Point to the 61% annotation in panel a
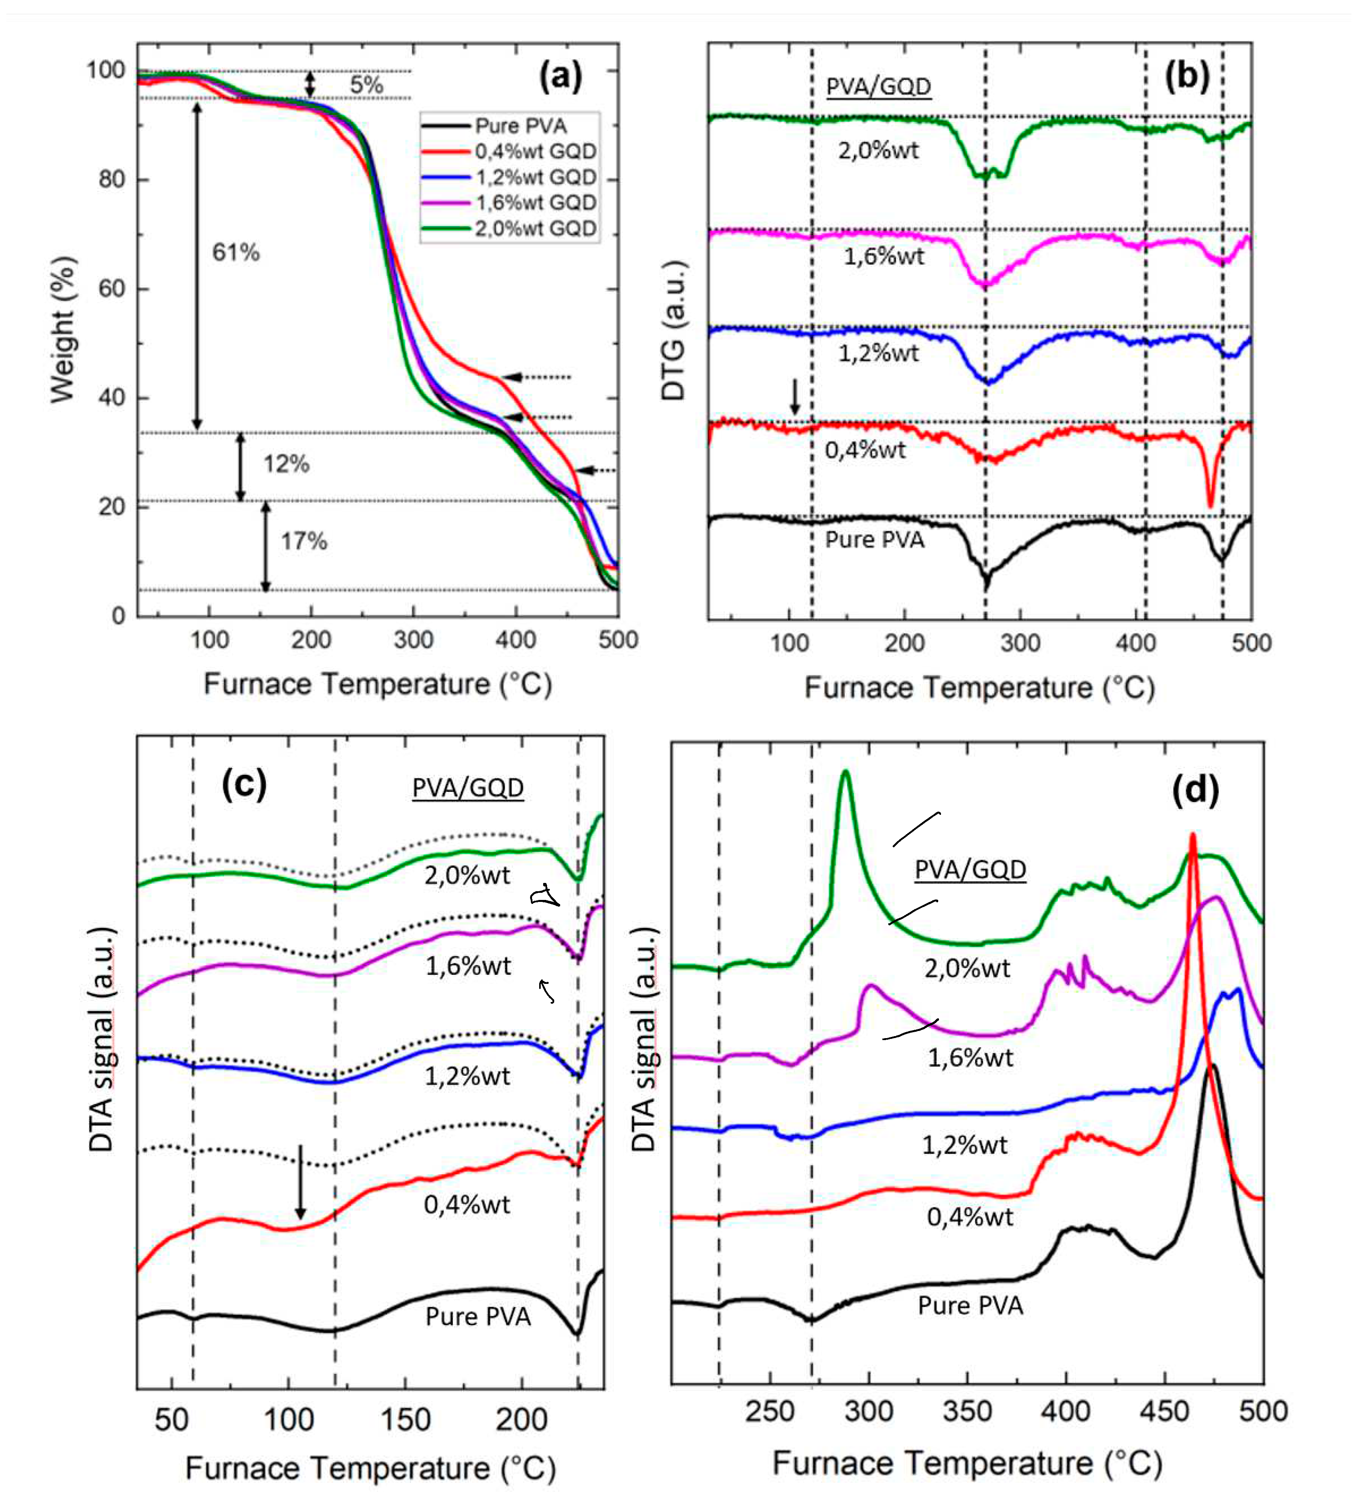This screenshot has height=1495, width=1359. [236, 253]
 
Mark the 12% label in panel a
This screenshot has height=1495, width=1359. [286, 464]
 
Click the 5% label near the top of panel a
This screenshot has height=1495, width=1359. [366, 85]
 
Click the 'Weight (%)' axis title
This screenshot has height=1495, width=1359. [63, 330]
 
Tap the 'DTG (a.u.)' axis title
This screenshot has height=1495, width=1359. [673, 330]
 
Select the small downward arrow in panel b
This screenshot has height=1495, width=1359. [795, 397]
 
